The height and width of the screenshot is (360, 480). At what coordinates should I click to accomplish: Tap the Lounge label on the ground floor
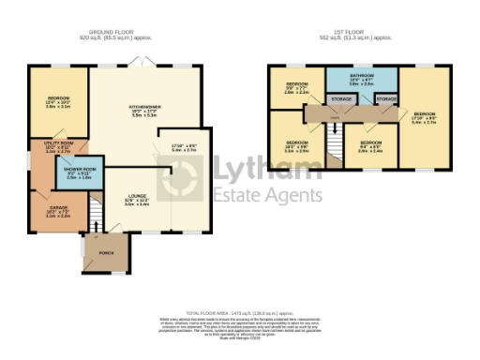[137, 199]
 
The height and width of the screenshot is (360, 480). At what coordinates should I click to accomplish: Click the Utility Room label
[57, 146]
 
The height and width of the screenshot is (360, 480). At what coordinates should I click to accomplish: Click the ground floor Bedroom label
[58, 103]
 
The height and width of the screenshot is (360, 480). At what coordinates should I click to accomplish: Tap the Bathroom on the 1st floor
[362, 79]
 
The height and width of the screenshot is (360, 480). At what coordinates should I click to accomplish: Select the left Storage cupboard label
[341, 97]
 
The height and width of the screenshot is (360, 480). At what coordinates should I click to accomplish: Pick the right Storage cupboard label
[386, 97]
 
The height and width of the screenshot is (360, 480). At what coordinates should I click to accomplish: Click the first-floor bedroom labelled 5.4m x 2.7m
[424, 119]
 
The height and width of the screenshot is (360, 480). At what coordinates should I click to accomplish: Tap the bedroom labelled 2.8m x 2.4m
[369, 145]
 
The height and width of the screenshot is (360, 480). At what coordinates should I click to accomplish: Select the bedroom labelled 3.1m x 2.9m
[296, 146]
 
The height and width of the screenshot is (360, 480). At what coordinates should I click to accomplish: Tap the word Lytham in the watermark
[272, 170]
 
